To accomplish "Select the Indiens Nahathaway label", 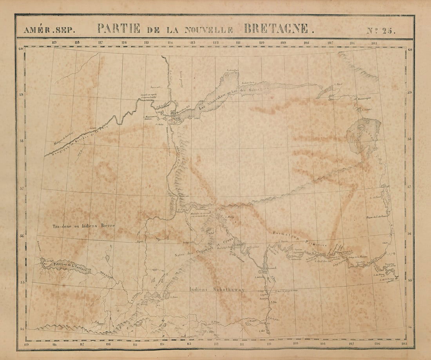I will [217, 290].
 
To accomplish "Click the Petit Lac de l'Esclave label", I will [71, 265].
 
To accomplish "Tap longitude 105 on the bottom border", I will [404, 345].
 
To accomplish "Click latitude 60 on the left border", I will [20, 49].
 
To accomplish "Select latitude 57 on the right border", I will [409, 187].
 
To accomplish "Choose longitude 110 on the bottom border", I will [269, 345].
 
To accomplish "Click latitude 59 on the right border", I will [409, 93].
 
